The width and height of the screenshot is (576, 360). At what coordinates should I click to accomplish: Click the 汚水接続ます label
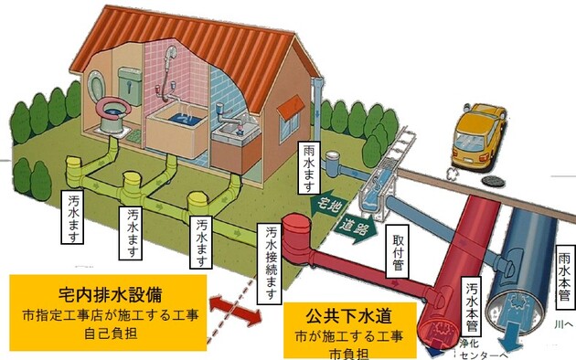tap(272, 261)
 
